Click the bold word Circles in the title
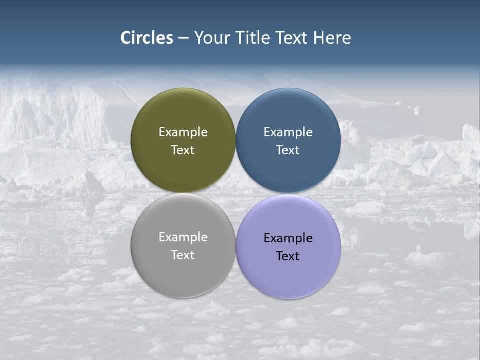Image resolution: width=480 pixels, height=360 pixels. (147, 38)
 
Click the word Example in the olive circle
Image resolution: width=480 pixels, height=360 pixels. (183, 132)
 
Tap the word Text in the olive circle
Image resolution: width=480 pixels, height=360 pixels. (183, 150)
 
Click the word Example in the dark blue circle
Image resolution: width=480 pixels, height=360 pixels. (288, 132)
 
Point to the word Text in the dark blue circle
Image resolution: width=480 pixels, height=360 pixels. (288, 150)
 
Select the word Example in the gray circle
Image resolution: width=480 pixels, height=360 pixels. (183, 237)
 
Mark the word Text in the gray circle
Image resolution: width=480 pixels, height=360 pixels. (183, 255)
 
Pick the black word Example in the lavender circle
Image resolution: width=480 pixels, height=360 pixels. (288, 238)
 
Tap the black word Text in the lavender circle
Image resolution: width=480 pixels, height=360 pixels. (288, 256)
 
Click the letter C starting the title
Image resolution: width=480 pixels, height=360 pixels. (126, 38)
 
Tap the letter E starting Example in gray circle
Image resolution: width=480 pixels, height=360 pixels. (162, 237)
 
